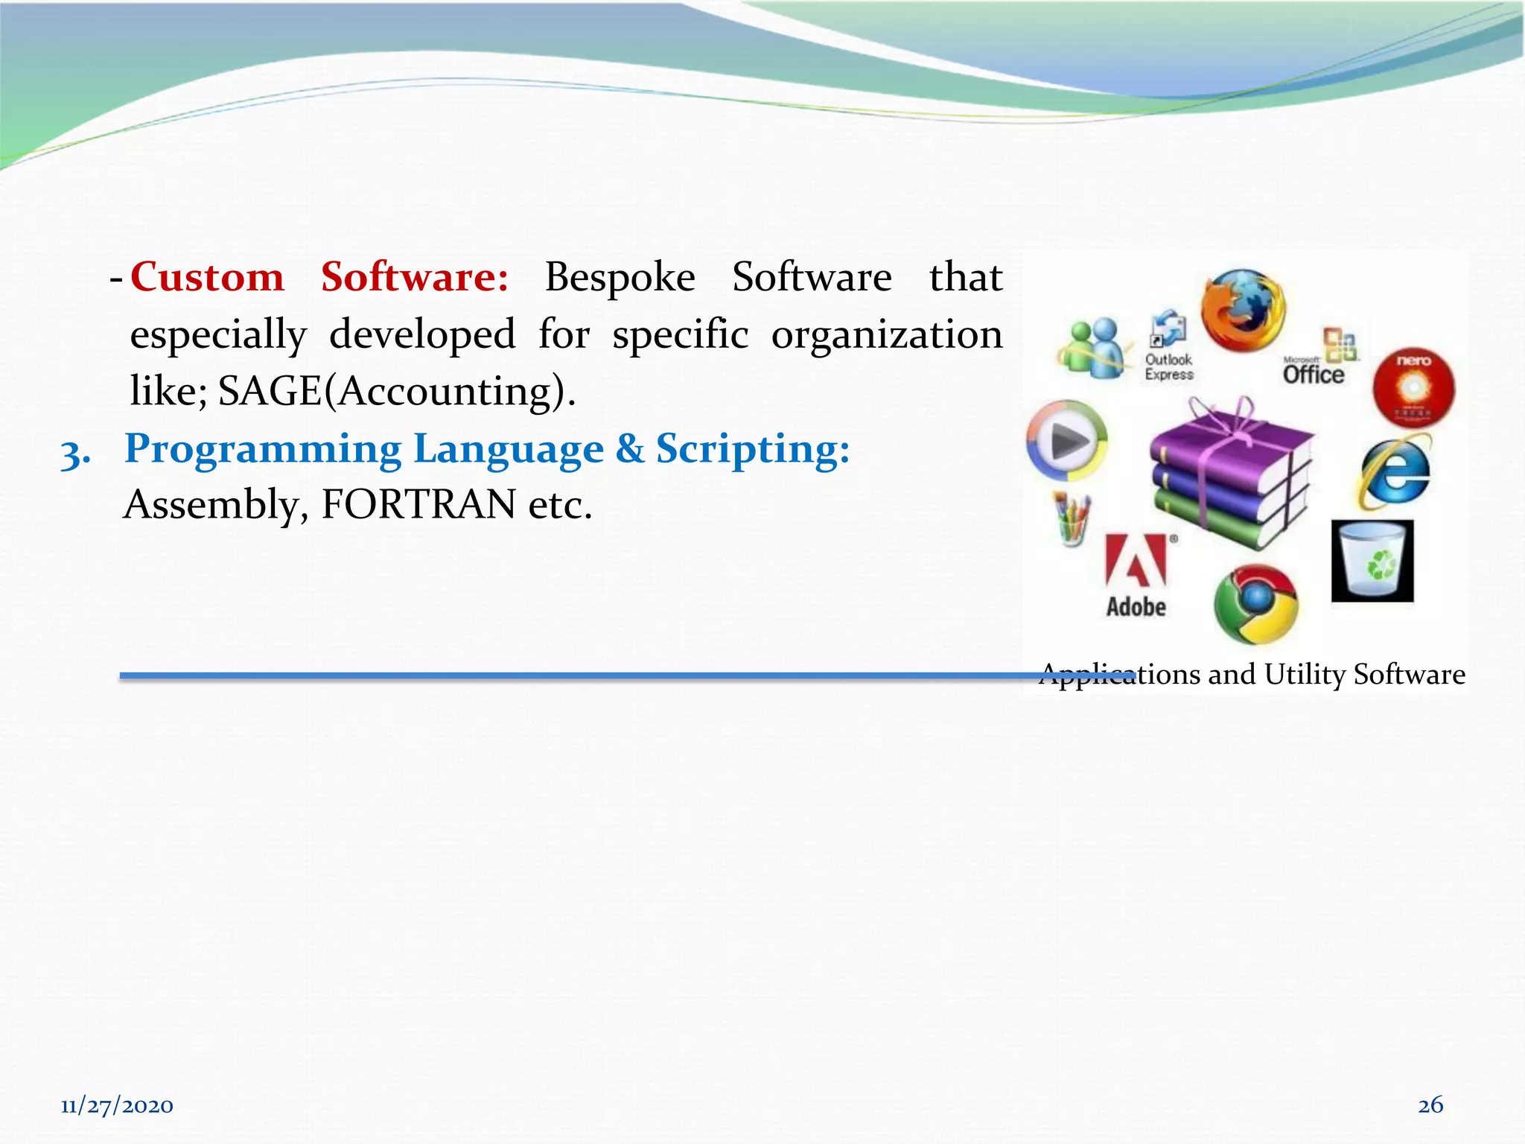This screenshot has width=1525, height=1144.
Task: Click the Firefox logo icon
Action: (x=1243, y=311)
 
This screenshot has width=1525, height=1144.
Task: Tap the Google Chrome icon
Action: (x=1256, y=604)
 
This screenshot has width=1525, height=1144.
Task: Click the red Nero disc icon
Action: (x=1413, y=388)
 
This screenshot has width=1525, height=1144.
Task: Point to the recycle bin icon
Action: (x=1372, y=561)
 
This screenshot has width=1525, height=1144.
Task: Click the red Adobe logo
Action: (x=1136, y=559)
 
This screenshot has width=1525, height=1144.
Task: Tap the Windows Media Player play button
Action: (x=1067, y=441)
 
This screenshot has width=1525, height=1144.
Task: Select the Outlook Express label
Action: (x=1169, y=367)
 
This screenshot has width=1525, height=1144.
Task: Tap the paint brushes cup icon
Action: (x=1072, y=519)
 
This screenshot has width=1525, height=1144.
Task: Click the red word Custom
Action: (x=208, y=277)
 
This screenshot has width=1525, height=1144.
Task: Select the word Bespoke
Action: (x=620, y=277)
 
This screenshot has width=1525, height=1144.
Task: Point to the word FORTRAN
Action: (x=418, y=505)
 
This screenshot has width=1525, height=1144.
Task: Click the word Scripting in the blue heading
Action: (x=752, y=448)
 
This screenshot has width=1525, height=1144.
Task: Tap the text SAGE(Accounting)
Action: (x=397, y=391)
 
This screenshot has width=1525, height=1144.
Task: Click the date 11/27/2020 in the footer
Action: (x=117, y=1105)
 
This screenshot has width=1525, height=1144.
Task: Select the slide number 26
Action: (x=1430, y=1104)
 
